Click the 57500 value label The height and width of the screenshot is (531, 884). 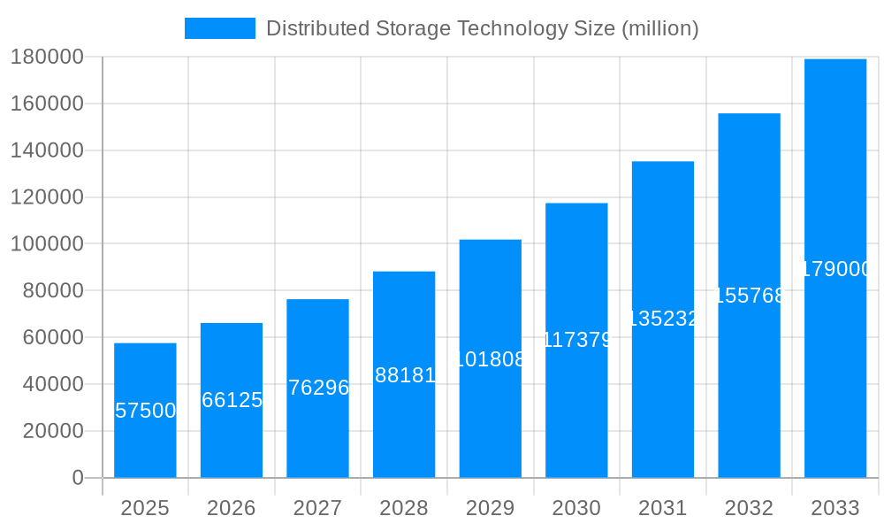[x=146, y=411]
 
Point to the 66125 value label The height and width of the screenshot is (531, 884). [x=232, y=400]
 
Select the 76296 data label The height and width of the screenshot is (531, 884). [x=318, y=388]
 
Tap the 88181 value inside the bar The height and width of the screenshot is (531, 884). [x=405, y=375]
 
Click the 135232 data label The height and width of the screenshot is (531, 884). [x=663, y=319]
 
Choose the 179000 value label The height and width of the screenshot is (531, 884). [x=835, y=269]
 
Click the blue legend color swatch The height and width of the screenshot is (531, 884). [x=219, y=28]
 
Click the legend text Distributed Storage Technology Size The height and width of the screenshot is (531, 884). [x=482, y=28]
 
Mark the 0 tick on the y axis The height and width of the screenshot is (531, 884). [x=77, y=478]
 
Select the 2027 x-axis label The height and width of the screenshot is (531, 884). [x=317, y=508]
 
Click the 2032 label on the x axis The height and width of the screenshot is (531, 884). [x=749, y=508]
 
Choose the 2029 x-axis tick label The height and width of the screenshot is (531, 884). [x=490, y=508]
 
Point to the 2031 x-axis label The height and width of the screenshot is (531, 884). [x=662, y=508]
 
